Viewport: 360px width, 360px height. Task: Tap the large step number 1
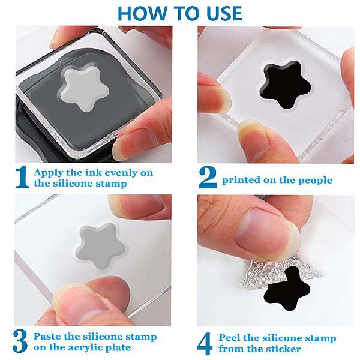pos(23,177)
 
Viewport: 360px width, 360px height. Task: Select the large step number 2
pos(208,177)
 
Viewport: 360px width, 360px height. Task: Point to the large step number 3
pos(20,341)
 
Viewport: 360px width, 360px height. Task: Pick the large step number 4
pos(205,344)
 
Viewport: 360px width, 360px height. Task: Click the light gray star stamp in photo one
pos(84,88)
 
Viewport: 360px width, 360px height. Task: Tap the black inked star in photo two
pos(286,85)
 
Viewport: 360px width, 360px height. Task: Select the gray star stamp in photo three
pos(100,246)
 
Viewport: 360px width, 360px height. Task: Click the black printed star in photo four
pos(287,289)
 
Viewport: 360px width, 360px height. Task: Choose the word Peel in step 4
pos(229,338)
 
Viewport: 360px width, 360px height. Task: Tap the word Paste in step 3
pos(47,337)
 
